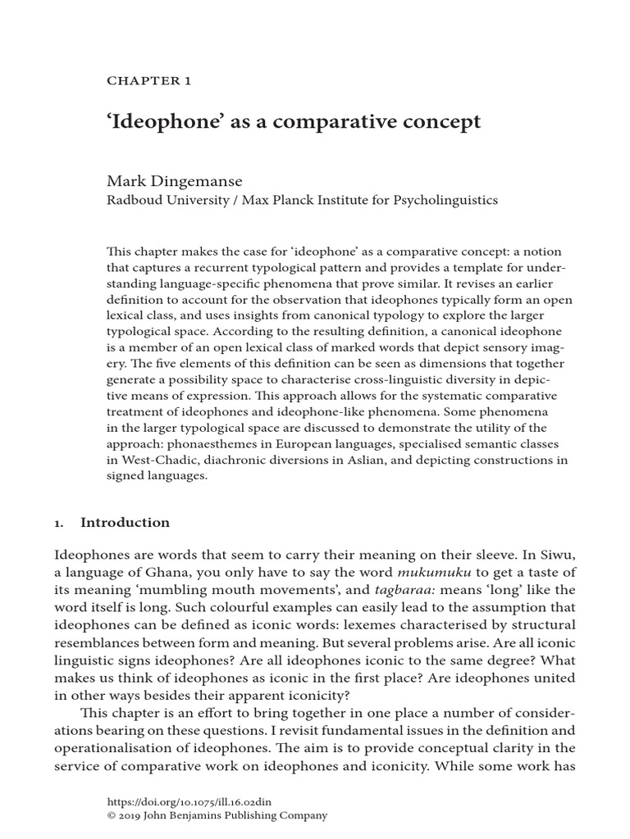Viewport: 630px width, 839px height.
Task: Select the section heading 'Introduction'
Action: point(125,523)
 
